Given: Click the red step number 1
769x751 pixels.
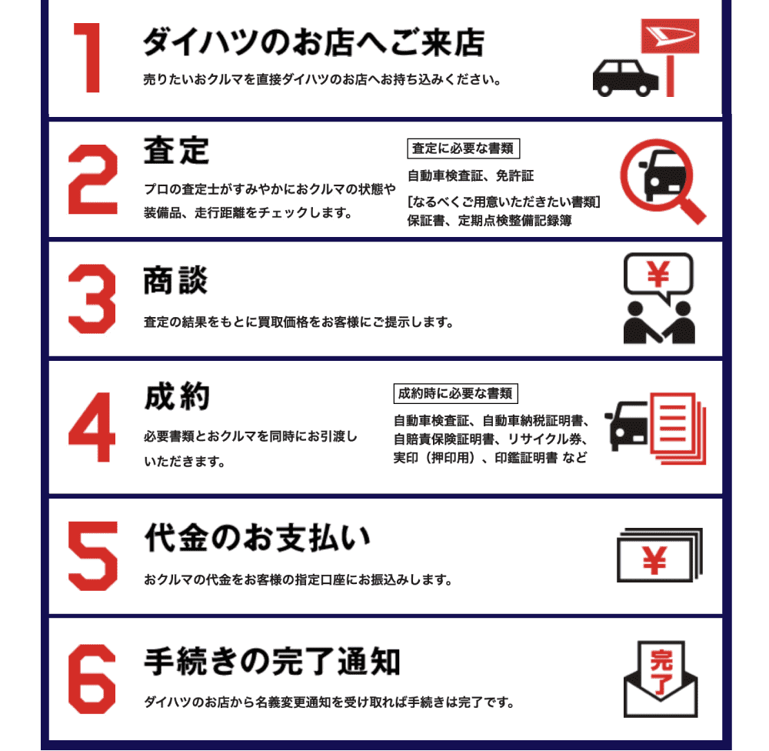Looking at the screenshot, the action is pos(88,58).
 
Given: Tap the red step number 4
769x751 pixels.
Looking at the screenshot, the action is pos(92,427).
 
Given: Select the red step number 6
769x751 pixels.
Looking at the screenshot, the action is pos(92,679).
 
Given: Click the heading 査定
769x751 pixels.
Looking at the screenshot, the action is pos(177,150).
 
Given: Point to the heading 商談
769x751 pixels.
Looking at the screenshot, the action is pos(175,280).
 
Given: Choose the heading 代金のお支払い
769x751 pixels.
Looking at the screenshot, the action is pos(258,538).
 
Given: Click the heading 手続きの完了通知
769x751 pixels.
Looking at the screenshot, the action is pos(272,661).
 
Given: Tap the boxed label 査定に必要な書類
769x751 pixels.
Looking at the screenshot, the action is pos(463,149).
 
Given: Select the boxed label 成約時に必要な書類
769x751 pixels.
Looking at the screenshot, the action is pos(455,393).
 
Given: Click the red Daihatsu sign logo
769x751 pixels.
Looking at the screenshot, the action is pos(670,36).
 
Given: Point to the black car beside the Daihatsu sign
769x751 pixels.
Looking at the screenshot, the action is pos(625,78).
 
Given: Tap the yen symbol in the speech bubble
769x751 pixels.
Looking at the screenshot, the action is pos(658,274).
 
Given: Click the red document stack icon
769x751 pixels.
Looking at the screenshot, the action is pos(677,428).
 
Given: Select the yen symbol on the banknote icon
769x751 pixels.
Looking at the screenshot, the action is pos(654,560).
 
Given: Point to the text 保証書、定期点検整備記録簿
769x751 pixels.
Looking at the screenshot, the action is pos(489,221).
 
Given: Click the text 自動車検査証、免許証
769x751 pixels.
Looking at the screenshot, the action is pos(471,175).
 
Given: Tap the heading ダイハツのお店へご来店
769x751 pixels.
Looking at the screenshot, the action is pos(314,42).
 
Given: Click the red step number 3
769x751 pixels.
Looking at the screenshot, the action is pos(92,299).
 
